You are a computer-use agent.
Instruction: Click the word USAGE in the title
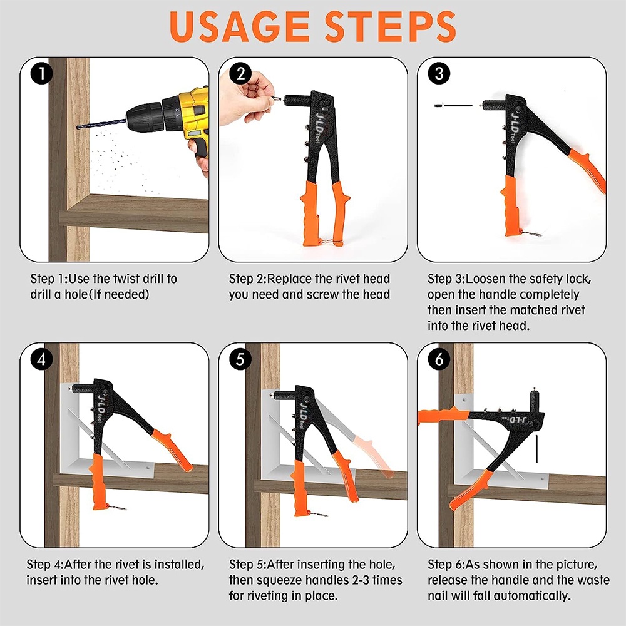240,27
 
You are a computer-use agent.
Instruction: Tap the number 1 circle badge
41,73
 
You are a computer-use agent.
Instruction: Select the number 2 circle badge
240,73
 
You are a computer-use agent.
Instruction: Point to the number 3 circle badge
439,73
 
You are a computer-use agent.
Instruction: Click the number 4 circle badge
41,359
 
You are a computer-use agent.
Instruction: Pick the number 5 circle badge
240,359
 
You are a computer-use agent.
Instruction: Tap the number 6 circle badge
439,359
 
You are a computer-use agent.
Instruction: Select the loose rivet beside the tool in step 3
453,106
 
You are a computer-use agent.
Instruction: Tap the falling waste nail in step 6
536,449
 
